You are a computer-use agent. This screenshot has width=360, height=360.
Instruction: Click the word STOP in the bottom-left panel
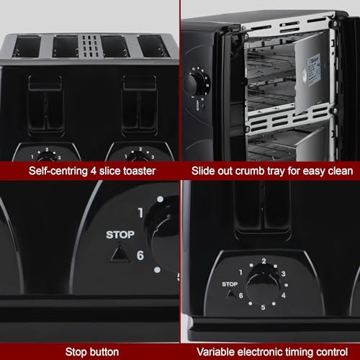coord(120,234)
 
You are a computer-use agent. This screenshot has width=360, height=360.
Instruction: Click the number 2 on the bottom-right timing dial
coord(264,261)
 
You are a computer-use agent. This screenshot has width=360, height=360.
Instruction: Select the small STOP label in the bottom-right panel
coord(230,284)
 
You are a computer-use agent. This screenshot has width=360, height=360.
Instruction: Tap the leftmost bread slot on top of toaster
coord(27,47)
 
